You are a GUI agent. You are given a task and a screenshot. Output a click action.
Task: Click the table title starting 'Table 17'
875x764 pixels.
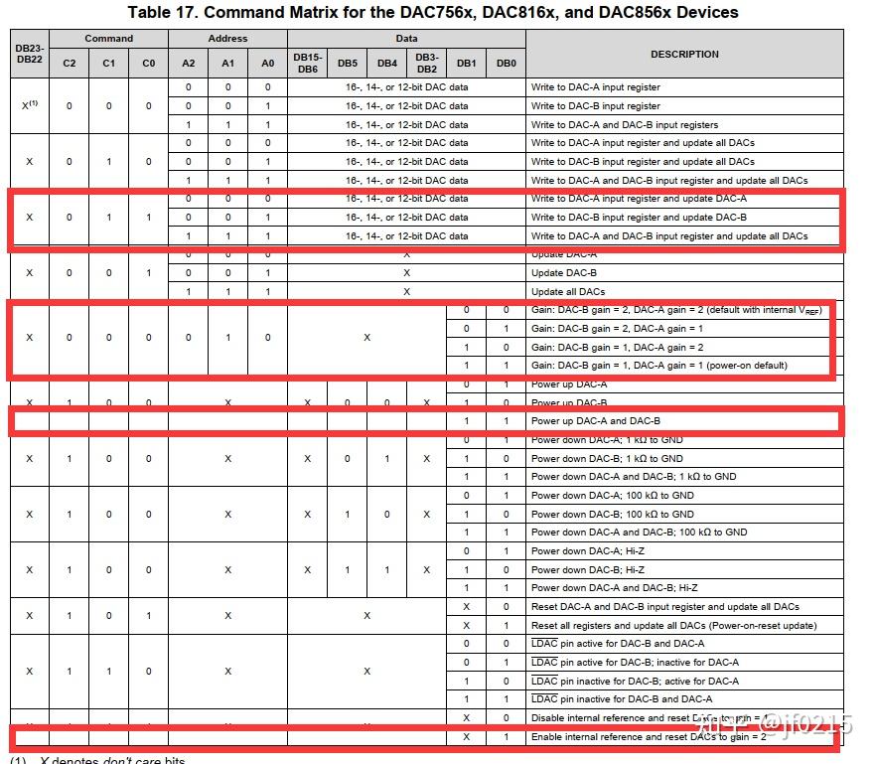[433, 13]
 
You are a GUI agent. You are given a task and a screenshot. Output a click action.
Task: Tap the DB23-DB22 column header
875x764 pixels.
[29, 54]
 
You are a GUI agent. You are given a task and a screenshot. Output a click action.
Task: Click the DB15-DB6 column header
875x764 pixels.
[307, 63]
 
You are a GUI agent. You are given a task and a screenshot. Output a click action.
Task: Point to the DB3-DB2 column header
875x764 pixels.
[426, 63]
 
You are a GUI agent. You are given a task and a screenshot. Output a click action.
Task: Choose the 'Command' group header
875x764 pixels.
[108, 39]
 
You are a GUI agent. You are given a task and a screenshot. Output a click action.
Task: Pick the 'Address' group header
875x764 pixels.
[227, 39]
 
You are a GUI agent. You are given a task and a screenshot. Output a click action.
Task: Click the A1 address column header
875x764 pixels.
[227, 63]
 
